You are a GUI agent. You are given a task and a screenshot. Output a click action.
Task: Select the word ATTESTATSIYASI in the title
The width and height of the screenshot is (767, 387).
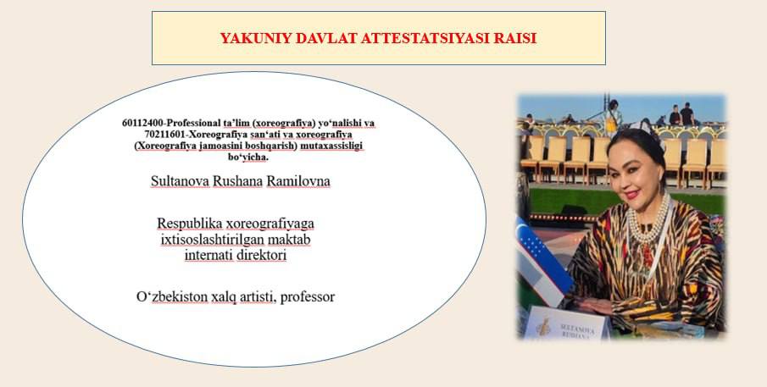pos(425,38)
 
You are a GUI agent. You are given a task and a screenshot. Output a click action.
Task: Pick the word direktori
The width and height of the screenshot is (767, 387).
pos(259,255)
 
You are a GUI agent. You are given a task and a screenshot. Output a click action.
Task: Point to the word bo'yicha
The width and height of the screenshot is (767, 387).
pos(248,158)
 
